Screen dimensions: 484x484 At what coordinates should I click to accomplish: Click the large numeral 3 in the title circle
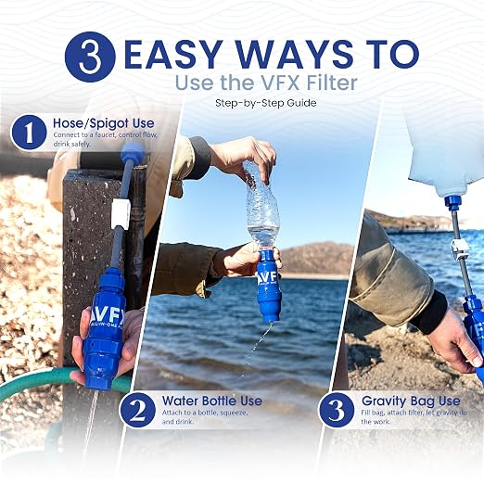[90, 57]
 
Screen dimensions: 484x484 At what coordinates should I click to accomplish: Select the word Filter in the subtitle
[330, 83]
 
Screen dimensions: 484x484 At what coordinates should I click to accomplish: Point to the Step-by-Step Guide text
[266, 103]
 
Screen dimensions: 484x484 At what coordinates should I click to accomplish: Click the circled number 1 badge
[29, 133]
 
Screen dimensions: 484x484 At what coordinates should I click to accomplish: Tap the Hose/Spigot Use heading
[104, 123]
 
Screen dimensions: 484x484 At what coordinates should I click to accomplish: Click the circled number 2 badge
[137, 410]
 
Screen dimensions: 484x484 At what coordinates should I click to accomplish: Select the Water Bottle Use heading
[212, 401]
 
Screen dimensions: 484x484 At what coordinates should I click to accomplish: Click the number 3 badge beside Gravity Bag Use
[337, 410]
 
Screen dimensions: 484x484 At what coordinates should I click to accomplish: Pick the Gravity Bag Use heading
[411, 401]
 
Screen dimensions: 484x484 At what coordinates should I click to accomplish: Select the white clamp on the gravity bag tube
[458, 248]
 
